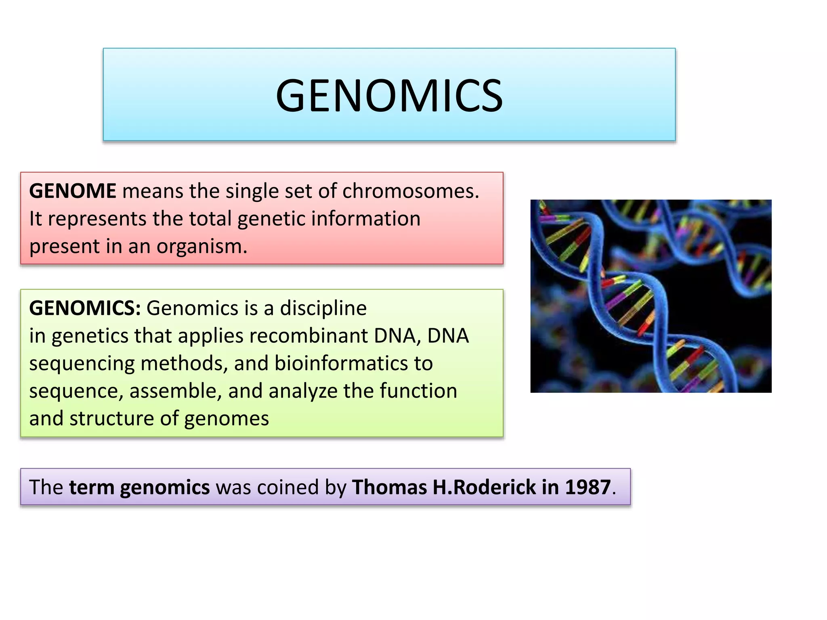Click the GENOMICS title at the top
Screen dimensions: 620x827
(389, 96)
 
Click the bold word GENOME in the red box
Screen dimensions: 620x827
(73, 191)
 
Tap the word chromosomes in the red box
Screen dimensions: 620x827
(410, 191)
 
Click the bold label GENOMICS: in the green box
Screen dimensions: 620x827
(85, 308)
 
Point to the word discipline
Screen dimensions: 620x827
(323, 308)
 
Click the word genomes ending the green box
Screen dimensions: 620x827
(227, 419)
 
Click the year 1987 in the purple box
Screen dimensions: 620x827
(588, 487)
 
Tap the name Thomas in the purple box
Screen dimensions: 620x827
(389, 487)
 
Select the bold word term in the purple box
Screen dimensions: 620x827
(91, 487)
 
